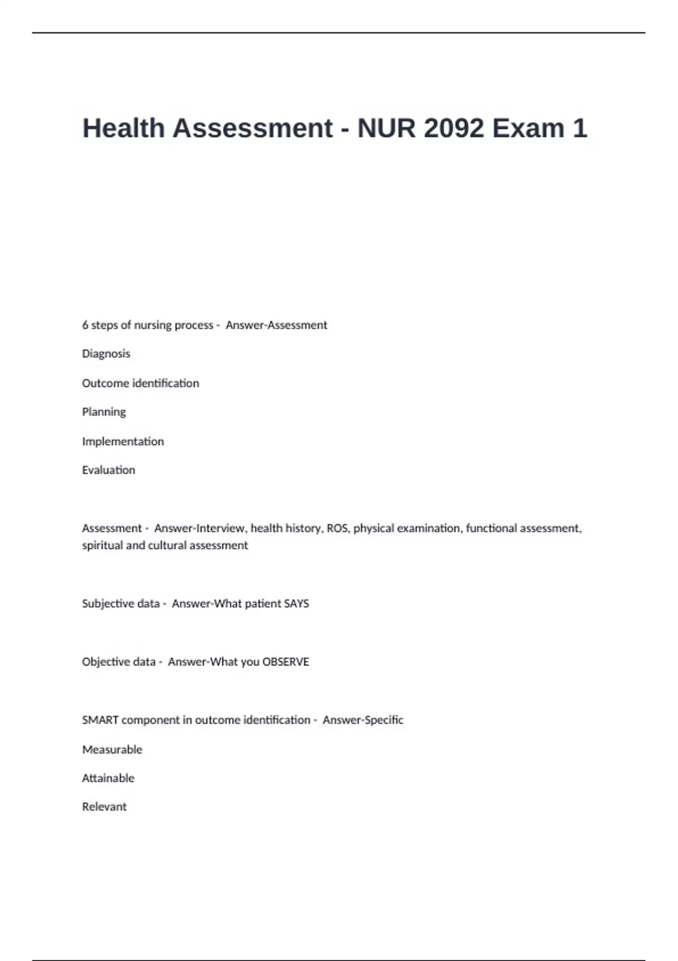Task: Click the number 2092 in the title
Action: [x=453, y=128]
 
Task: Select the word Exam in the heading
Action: [x=528, y=128]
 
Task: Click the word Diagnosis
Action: [x=106, y=354]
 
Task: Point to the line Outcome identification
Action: [x=141, y=383]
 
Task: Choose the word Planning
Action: [x=104, y=412]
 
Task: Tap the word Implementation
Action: [x=123, y=441]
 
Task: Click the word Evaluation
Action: [x=108, y=470]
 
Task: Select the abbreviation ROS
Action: [x=337, y=529]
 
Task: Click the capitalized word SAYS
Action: [x=297, y=604]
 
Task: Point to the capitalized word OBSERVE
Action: [x=286, y=662]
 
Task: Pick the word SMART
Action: [x=100, y=720]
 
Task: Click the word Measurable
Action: [x=112, y=750]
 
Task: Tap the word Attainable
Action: [x=108, y=778]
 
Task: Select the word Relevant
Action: [x=105, y=807]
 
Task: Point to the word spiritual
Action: [x=103, y=546]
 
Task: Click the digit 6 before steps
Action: [x=85, y=325]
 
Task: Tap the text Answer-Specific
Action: [x=363, y=720]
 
